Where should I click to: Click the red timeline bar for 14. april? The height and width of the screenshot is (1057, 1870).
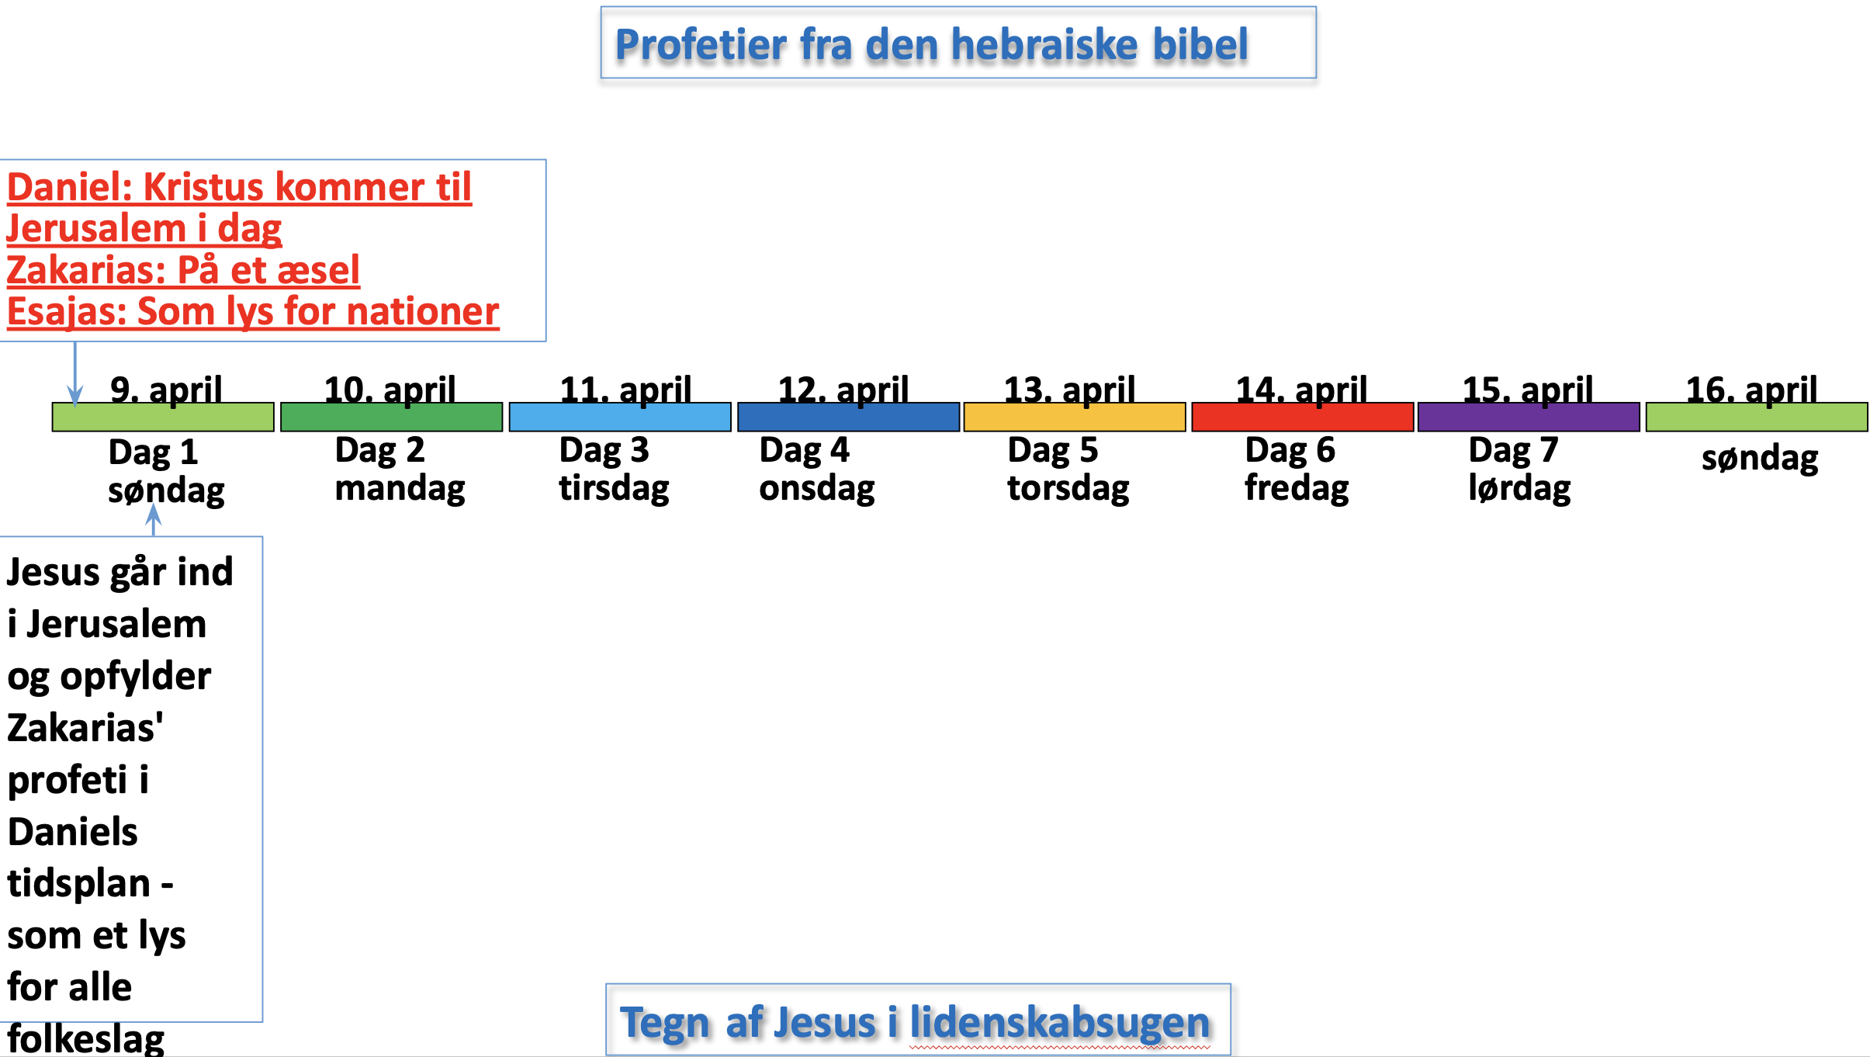coord(1302,417)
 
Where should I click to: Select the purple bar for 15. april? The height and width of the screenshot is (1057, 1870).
coord(1529,417)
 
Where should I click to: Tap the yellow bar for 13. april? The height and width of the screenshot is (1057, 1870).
coord(1075,417)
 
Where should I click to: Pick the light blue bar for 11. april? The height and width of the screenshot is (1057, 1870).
coord(620,417)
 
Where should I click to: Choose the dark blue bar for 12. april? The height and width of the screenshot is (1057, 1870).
coord(848,417)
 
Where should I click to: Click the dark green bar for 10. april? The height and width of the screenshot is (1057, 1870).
coord(391,417)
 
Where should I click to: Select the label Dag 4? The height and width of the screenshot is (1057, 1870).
coord(805,450)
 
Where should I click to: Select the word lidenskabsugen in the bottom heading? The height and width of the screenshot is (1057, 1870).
coord(1060,1022)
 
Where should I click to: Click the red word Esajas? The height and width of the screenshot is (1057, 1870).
coord(67,311)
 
